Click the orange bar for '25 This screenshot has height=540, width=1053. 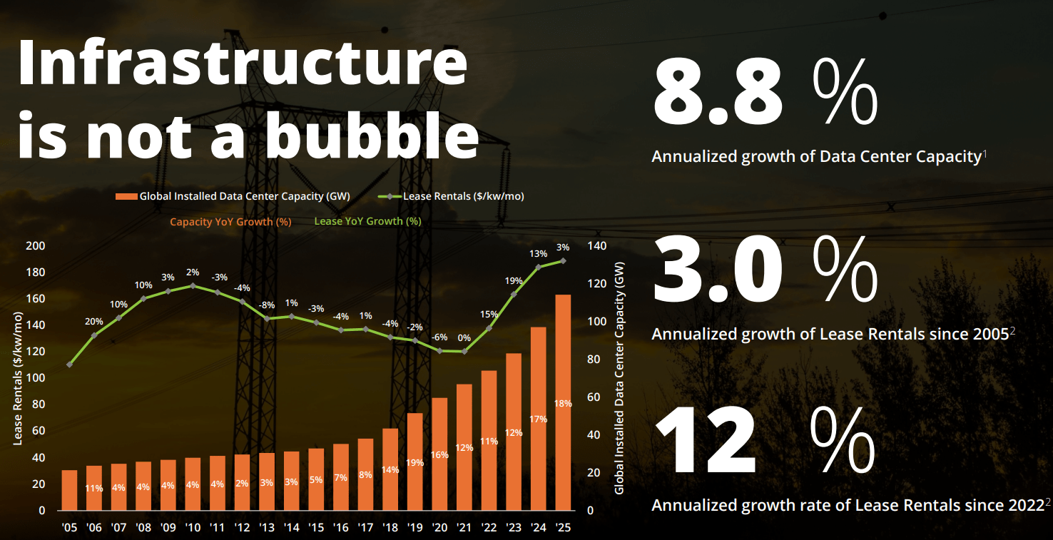[562, 402]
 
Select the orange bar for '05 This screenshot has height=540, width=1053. [69, 490]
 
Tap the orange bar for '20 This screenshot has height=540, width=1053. [439, 454]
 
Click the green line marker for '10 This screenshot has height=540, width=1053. [193, 286]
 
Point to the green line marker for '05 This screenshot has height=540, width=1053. [69, 365]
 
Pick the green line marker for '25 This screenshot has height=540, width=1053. [562, 260]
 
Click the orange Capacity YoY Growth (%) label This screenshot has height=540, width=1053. [230, 222]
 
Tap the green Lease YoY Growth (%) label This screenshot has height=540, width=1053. [367, 221]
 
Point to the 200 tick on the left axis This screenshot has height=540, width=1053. [35, 246]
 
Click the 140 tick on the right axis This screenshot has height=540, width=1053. [597, 246]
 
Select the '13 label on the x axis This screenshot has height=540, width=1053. [266, 529]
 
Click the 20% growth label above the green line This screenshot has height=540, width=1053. [94, 322]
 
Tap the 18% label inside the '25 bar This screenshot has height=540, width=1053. [562, 404]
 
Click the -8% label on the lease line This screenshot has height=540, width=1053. [267, 305]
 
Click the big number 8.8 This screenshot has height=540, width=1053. [718, 93]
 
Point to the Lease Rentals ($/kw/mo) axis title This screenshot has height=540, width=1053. [18, 382]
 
